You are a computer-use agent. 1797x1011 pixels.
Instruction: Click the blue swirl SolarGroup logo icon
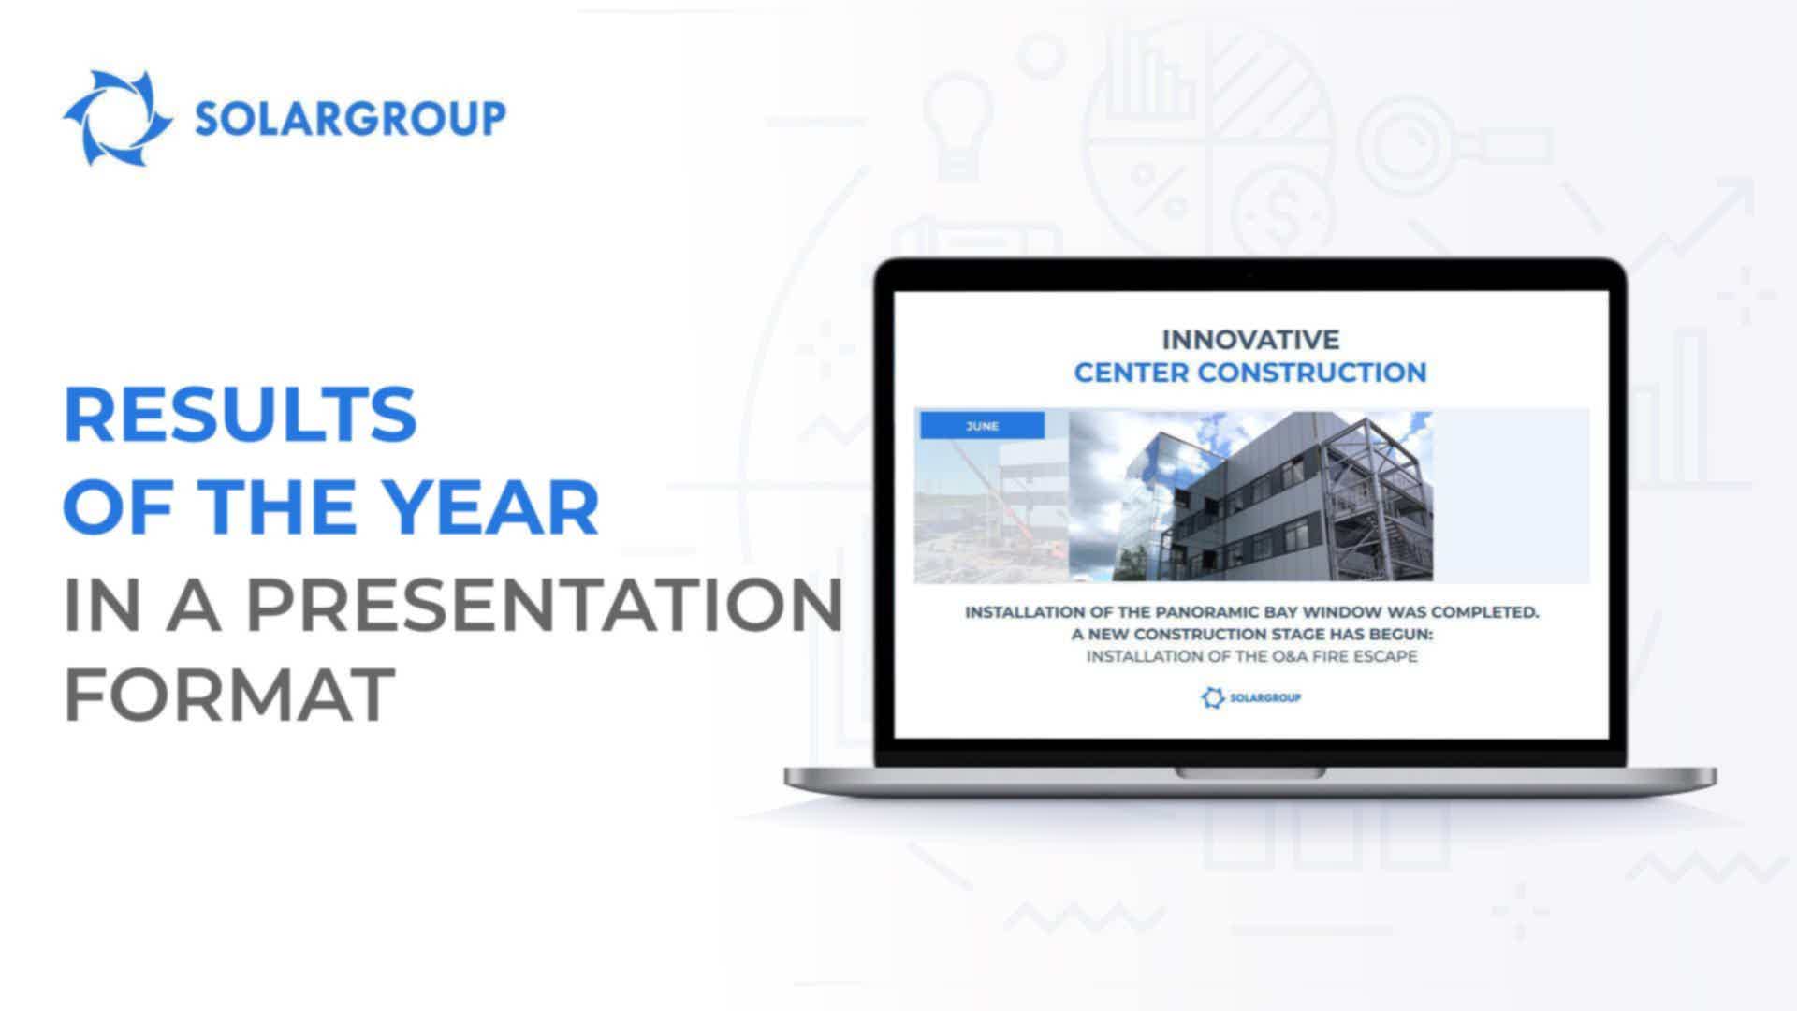tap(118, 118)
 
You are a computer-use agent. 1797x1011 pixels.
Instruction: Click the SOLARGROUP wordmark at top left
tap(350, 119)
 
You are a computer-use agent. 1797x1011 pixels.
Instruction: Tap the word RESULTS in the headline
tap(241, 415)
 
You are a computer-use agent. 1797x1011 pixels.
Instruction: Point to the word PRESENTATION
tap(545, 605)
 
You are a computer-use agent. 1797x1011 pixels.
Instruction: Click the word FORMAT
tap(229, 695)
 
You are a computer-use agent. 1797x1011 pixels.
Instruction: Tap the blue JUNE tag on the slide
tap(983, 426)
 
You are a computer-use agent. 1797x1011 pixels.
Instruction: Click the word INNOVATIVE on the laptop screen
tap(1250, 339)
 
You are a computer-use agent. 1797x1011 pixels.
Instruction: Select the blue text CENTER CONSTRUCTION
tap(1250, 373)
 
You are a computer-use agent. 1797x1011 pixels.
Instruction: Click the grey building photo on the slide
tap(1250, 496)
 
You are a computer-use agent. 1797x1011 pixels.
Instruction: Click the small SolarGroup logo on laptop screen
tap(1251, 697)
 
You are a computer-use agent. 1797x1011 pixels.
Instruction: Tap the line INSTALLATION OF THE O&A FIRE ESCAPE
tap(1251, 656)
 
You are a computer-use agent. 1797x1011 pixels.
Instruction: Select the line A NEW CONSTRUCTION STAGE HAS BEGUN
tap(1252, 635)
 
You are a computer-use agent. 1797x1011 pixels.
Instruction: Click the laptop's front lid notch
tap(1250, 773)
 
